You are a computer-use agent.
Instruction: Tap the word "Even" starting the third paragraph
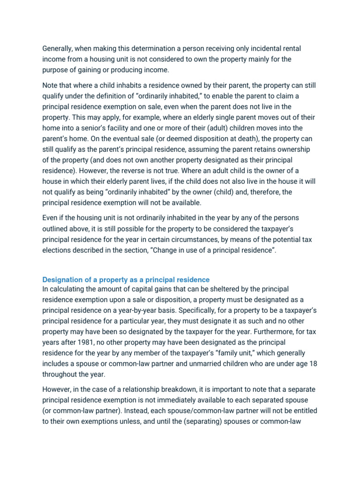[51, 218]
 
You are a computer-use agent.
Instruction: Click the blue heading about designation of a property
[126, 280]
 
